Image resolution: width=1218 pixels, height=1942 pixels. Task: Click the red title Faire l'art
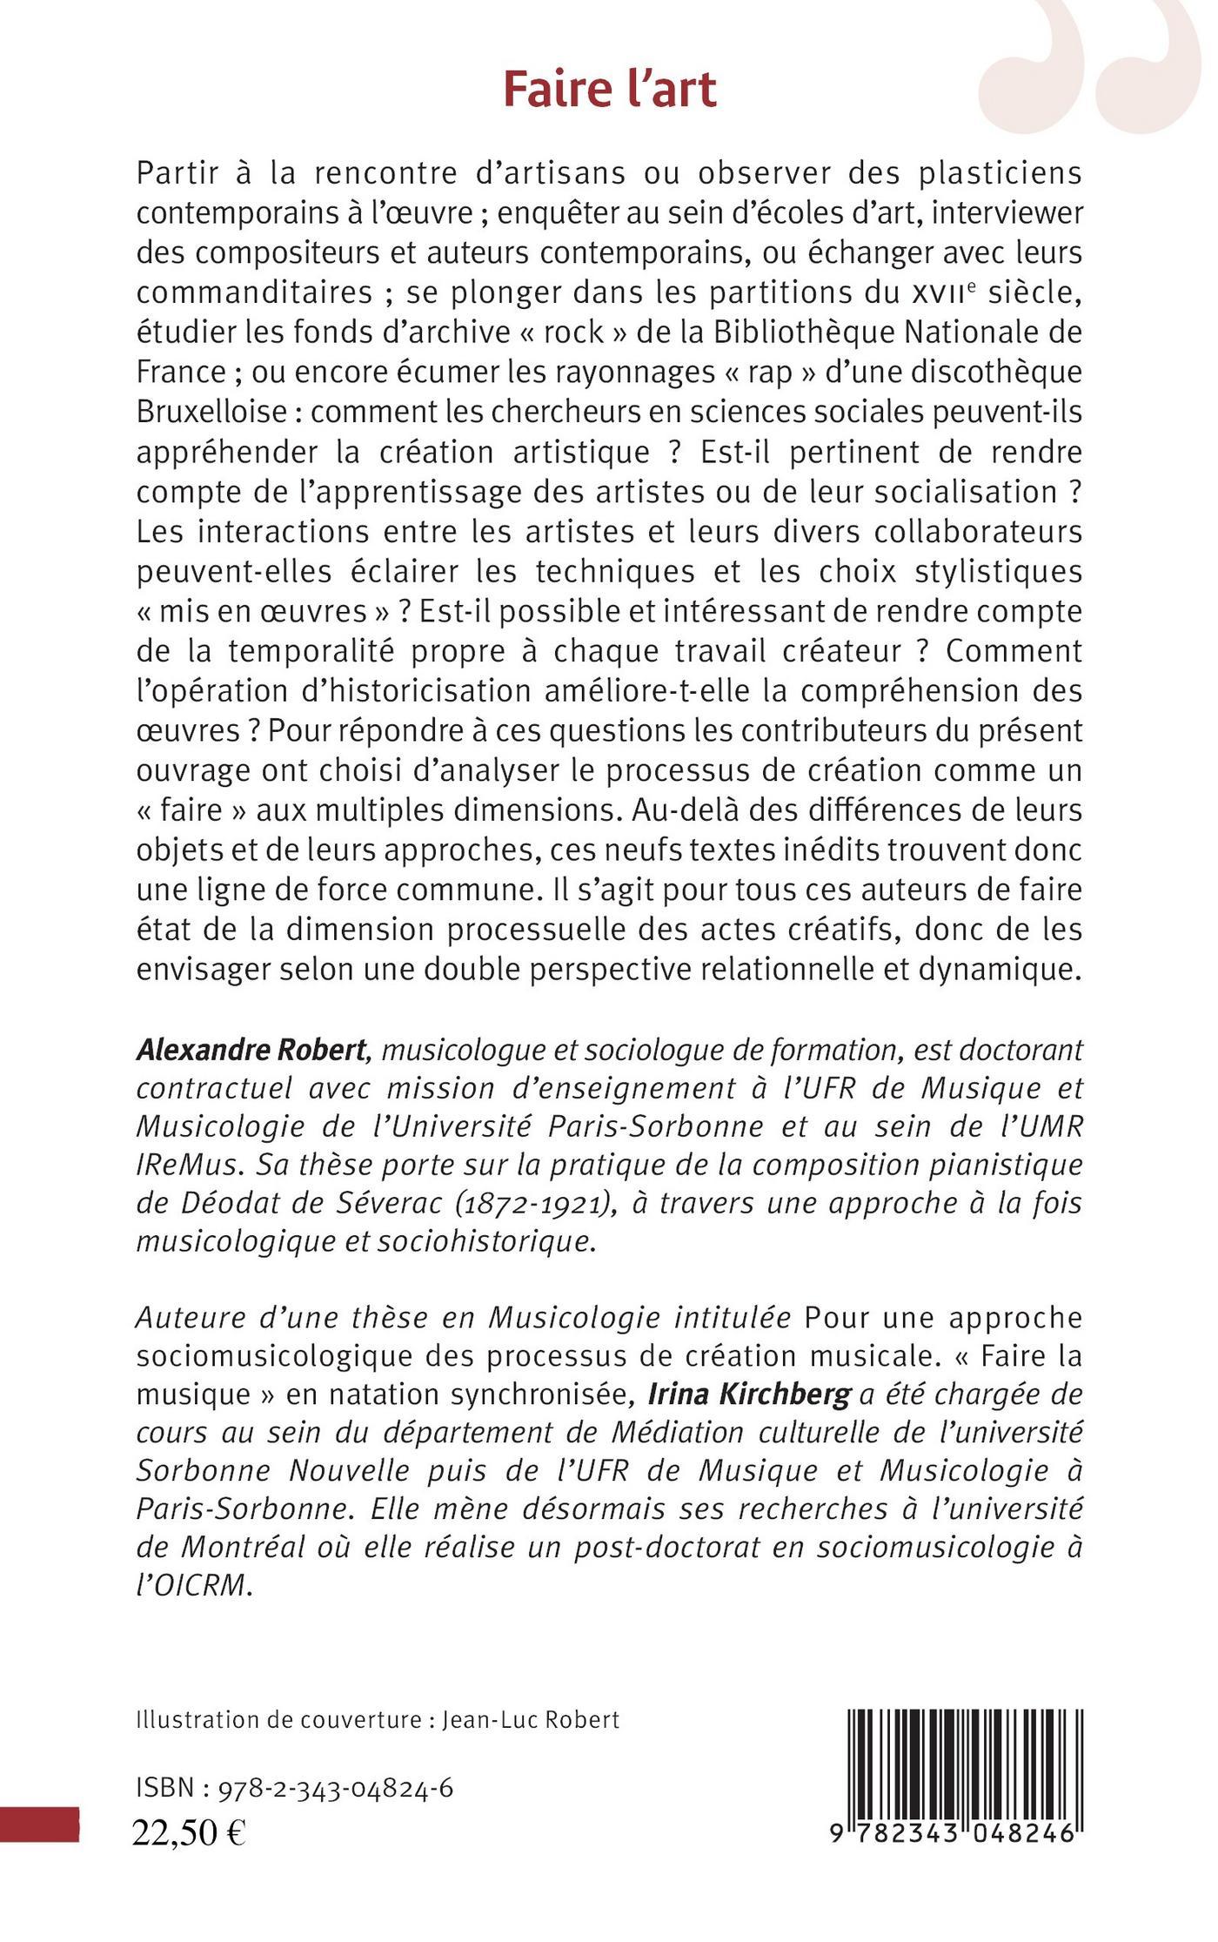pos(610,91)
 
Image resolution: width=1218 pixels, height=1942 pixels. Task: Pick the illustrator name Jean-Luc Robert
pos(531,1719)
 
